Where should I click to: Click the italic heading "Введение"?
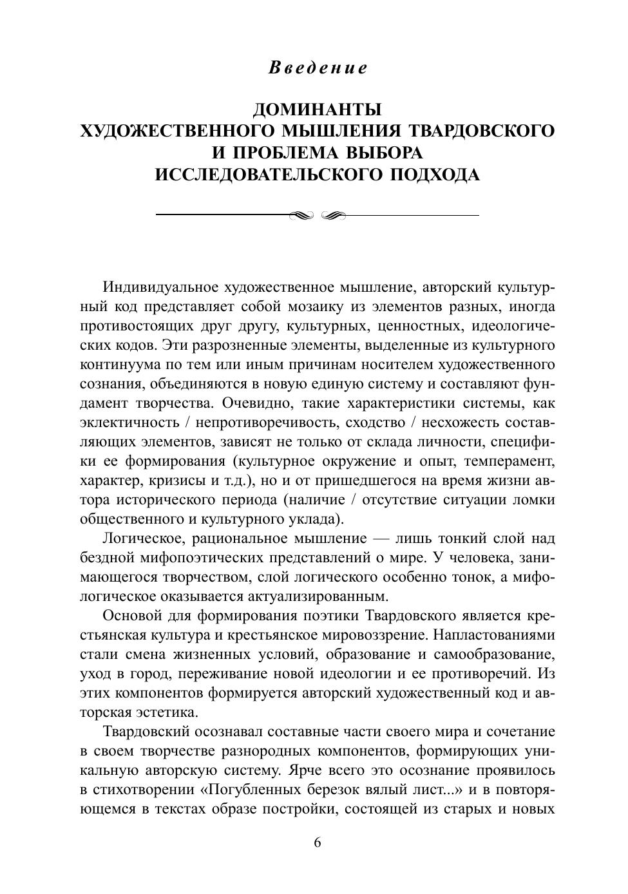[317, 68]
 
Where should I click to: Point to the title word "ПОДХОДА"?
[432, 175]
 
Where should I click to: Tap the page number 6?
[317, 843]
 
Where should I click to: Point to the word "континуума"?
[117, 365]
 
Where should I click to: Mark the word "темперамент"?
[512, 461]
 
